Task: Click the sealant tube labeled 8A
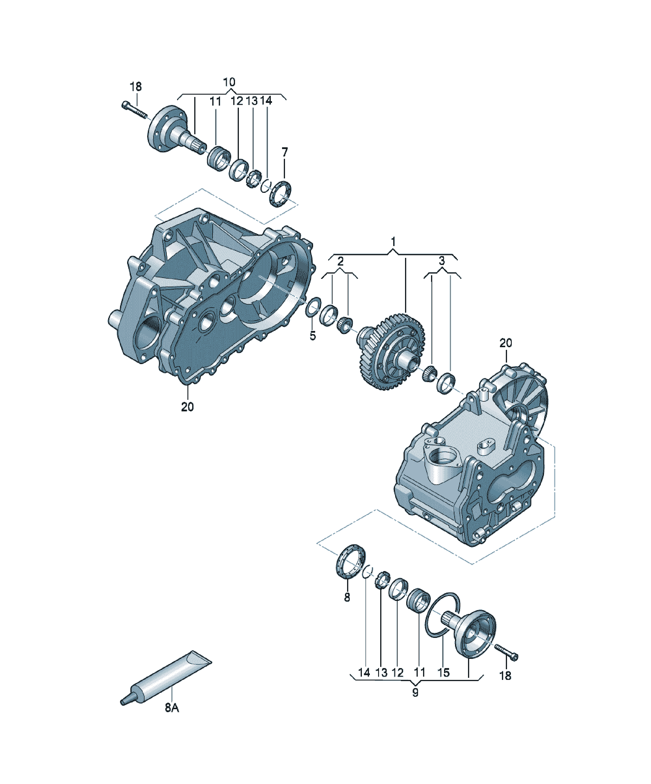pyautogui.click(x=166, y=678)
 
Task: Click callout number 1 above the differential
pyautogui.click(x=393, y=242)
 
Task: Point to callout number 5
pyautogui.click(x=312, y=336)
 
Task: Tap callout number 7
pyautogui.click(x=285, y=152)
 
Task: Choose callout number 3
pyautogui.click(x=442, y=261)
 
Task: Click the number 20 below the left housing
pyautogui.click(x=187, y=407)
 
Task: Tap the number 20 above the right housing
pyautogui.click(x=506, y=343)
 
